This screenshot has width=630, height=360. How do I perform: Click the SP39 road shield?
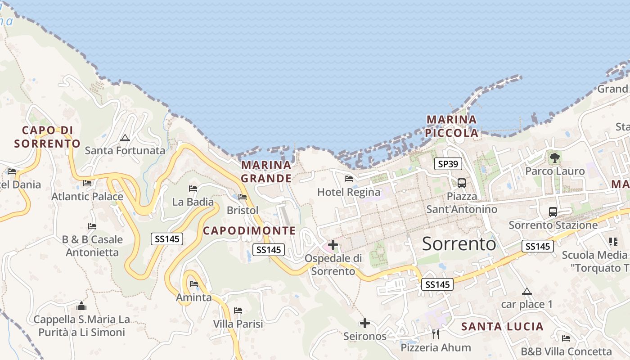tap(448, 164)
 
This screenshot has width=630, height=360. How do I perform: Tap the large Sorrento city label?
tap(459, 243)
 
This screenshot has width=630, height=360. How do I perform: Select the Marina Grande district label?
tap(266, 171)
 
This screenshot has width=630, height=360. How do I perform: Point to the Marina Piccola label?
tap(452, 126)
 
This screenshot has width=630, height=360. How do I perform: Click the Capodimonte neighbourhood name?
tap(249, 231)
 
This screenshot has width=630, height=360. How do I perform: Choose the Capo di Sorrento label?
tap(47, 137)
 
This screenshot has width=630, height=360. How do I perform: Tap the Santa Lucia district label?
tap(502, 327)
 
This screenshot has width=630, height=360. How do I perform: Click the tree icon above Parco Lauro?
tap(555, 157)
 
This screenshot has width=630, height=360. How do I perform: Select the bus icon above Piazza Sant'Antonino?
tap(461, 183)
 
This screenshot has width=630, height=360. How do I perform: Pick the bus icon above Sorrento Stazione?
tap(553, 211)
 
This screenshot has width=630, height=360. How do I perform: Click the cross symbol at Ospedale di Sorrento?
tap(333, 245)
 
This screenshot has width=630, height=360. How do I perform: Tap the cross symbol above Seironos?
tap(365, 323)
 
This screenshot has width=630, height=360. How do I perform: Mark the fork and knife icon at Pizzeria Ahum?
tap(435, 334)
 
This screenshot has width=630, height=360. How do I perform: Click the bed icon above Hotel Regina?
tap(348, 179)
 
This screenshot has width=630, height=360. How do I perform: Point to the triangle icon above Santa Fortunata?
tap(125, 138)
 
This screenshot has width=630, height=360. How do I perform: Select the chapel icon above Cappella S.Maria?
tap(81, 306)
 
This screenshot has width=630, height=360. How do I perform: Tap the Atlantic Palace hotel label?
tap(87, 197)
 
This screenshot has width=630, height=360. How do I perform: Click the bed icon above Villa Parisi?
tap(238, 310)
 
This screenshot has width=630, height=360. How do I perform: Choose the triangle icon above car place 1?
tap(527, 291)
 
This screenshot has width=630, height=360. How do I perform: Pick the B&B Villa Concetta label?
tap(566, 351)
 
